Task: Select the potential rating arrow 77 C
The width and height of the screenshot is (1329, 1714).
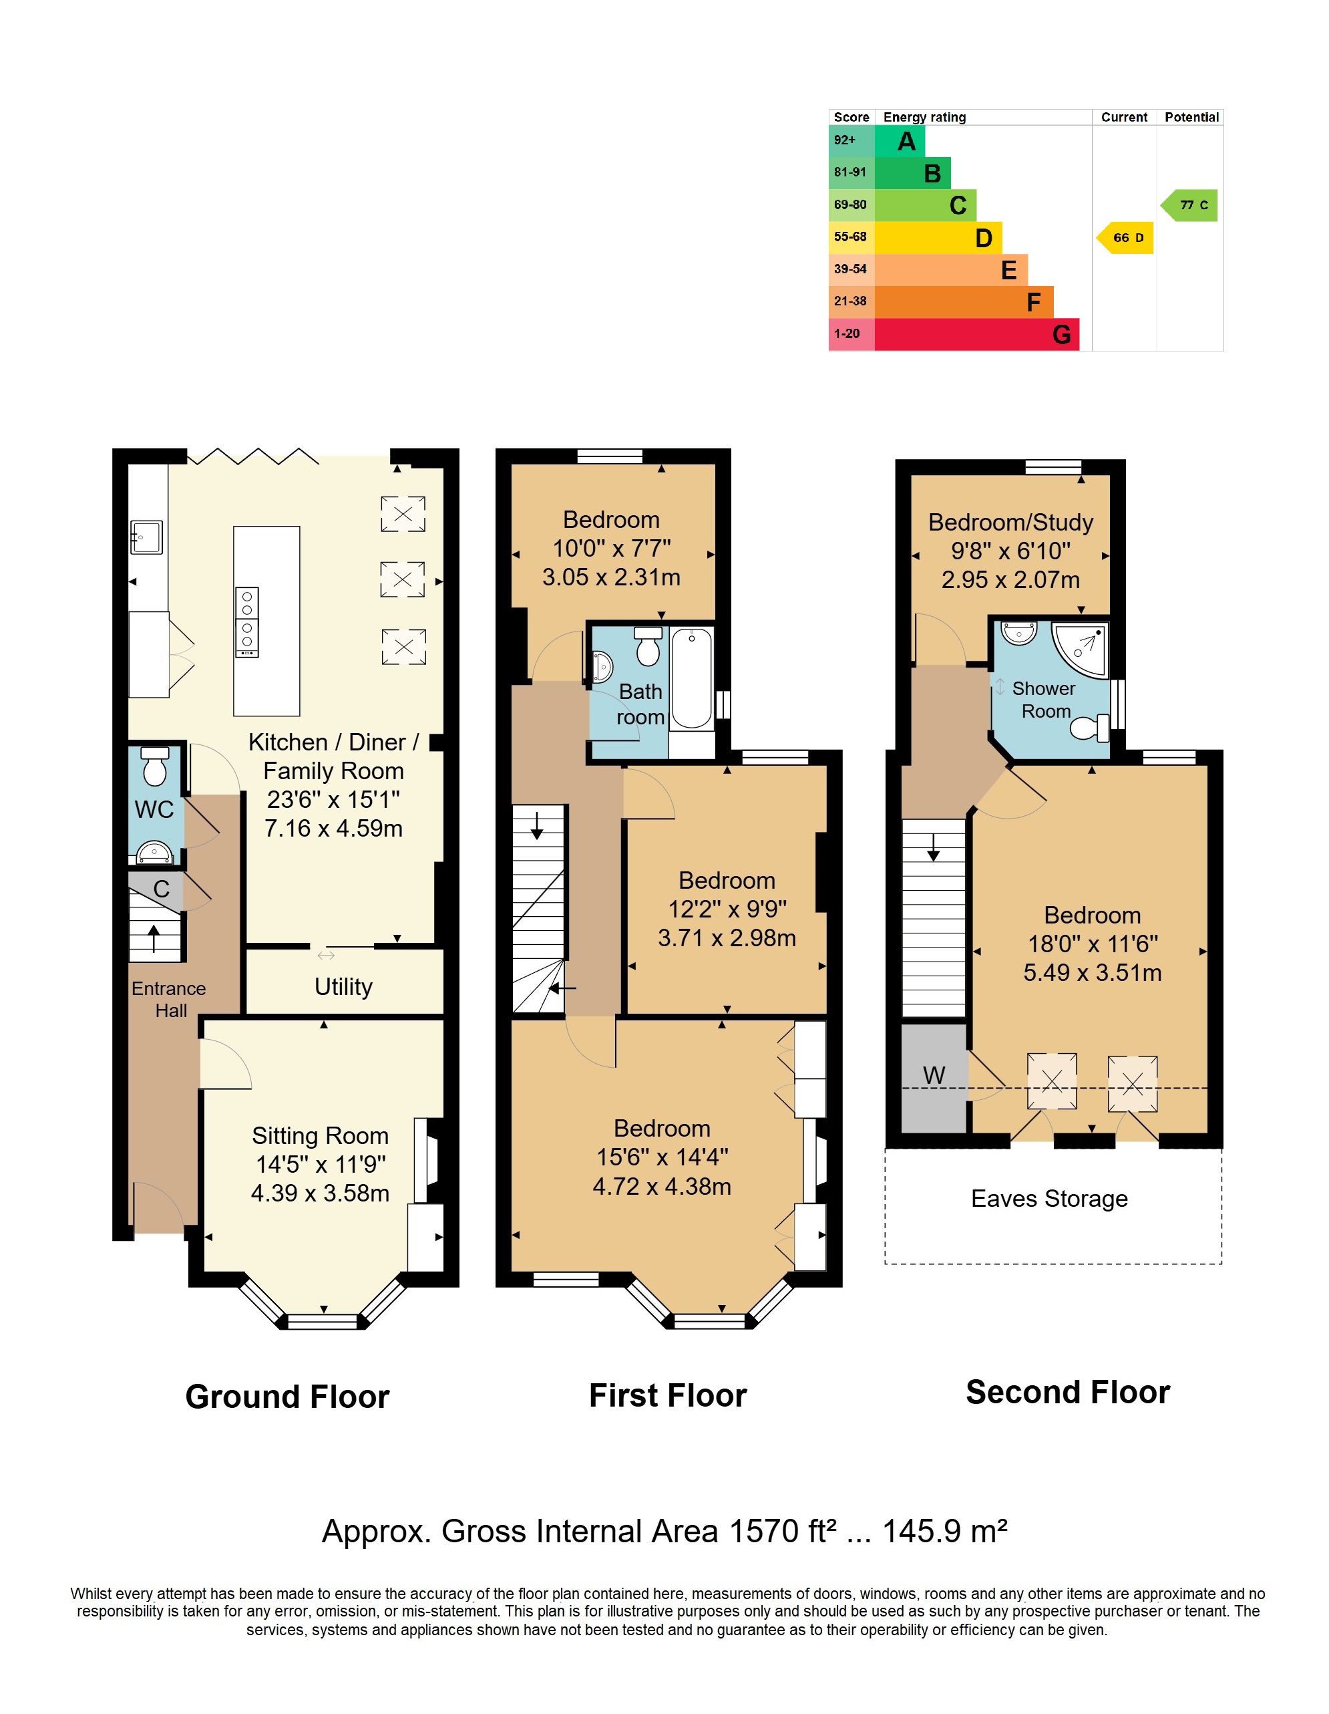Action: (x=1189, y=206)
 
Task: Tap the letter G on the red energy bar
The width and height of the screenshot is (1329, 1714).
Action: (x=1061, y=335)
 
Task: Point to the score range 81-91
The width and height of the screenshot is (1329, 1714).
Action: (x=850, y=172)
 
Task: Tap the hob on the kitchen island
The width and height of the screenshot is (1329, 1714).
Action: (x=247, y=622)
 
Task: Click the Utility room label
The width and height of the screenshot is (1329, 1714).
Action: (x=344, y=986)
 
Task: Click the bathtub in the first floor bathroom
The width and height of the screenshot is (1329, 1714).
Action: (x=692, y=678)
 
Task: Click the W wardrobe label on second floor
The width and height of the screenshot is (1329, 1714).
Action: (x=934, y=1075)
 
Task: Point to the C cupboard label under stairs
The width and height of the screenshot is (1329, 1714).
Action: (x=162, y=889)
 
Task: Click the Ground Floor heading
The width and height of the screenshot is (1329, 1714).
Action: (x=287, y=1397)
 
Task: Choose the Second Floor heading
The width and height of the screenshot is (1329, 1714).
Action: (x=1068, y=1392)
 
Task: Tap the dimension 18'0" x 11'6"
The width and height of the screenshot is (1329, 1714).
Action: (x=1093, y=944)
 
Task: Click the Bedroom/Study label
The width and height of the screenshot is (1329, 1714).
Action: (x=1010, y=523)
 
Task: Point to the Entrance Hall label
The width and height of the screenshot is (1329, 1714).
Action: (x=169, y=999)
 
